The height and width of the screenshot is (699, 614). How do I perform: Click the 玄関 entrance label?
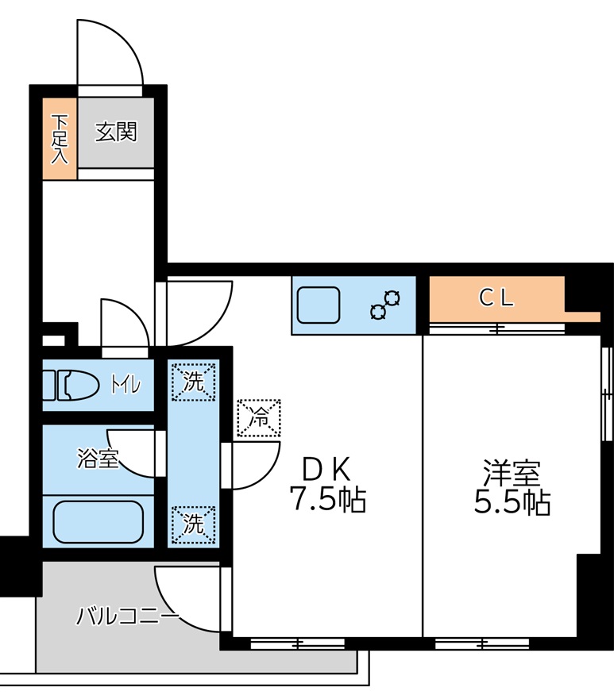coord(116,131)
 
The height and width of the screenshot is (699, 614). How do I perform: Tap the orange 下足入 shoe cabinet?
coord(60,139)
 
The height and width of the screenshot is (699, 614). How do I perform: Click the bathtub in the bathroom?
coord(98,522)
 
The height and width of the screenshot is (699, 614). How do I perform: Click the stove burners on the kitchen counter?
coord(385,305)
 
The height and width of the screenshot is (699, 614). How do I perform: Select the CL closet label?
coord(496,298)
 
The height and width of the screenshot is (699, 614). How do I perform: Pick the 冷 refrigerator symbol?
coord(259,418)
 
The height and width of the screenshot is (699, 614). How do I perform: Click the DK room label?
coord(326,470)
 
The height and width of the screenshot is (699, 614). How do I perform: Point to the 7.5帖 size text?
coord(326,500)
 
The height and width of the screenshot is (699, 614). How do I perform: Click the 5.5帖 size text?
coord(512,502)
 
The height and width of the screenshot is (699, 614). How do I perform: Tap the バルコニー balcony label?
coord(127,616)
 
